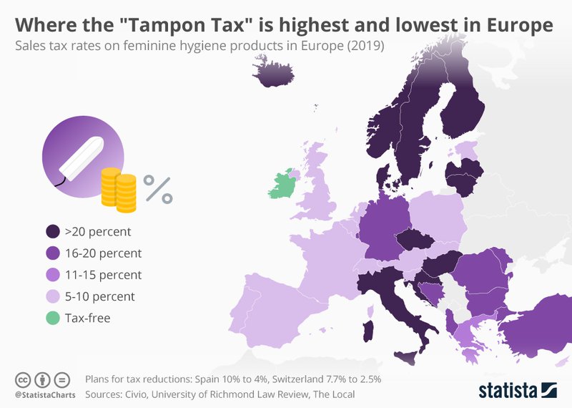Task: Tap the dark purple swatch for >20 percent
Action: (51, 232)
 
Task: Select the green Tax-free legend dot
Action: (51, 318)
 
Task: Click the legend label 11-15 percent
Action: (103, 275)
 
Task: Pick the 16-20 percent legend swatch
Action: (51, 253)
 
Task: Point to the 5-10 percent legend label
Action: (100, 296)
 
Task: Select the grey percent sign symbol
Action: (158, 189)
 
